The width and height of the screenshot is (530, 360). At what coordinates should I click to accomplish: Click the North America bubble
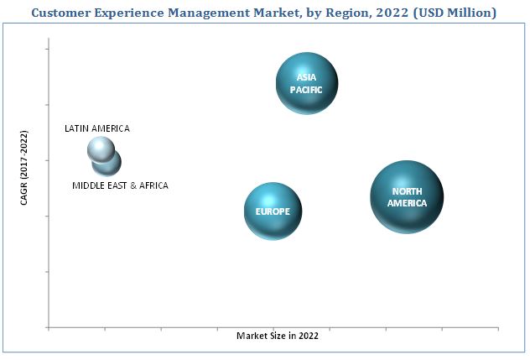point(407,196)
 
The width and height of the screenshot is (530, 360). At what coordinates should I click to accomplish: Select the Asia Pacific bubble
point(307,82)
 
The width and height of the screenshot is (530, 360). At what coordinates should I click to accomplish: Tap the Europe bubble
point(273,211)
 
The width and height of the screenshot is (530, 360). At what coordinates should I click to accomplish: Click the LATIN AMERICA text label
point(97,128)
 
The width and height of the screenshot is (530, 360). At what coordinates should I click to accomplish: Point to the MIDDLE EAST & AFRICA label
point(120,185)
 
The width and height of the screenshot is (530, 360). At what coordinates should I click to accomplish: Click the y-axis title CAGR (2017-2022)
point(23,177)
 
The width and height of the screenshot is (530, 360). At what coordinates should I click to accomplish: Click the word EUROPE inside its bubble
point(273,211)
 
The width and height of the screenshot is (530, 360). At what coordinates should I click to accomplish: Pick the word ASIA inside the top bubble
point(306,77)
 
